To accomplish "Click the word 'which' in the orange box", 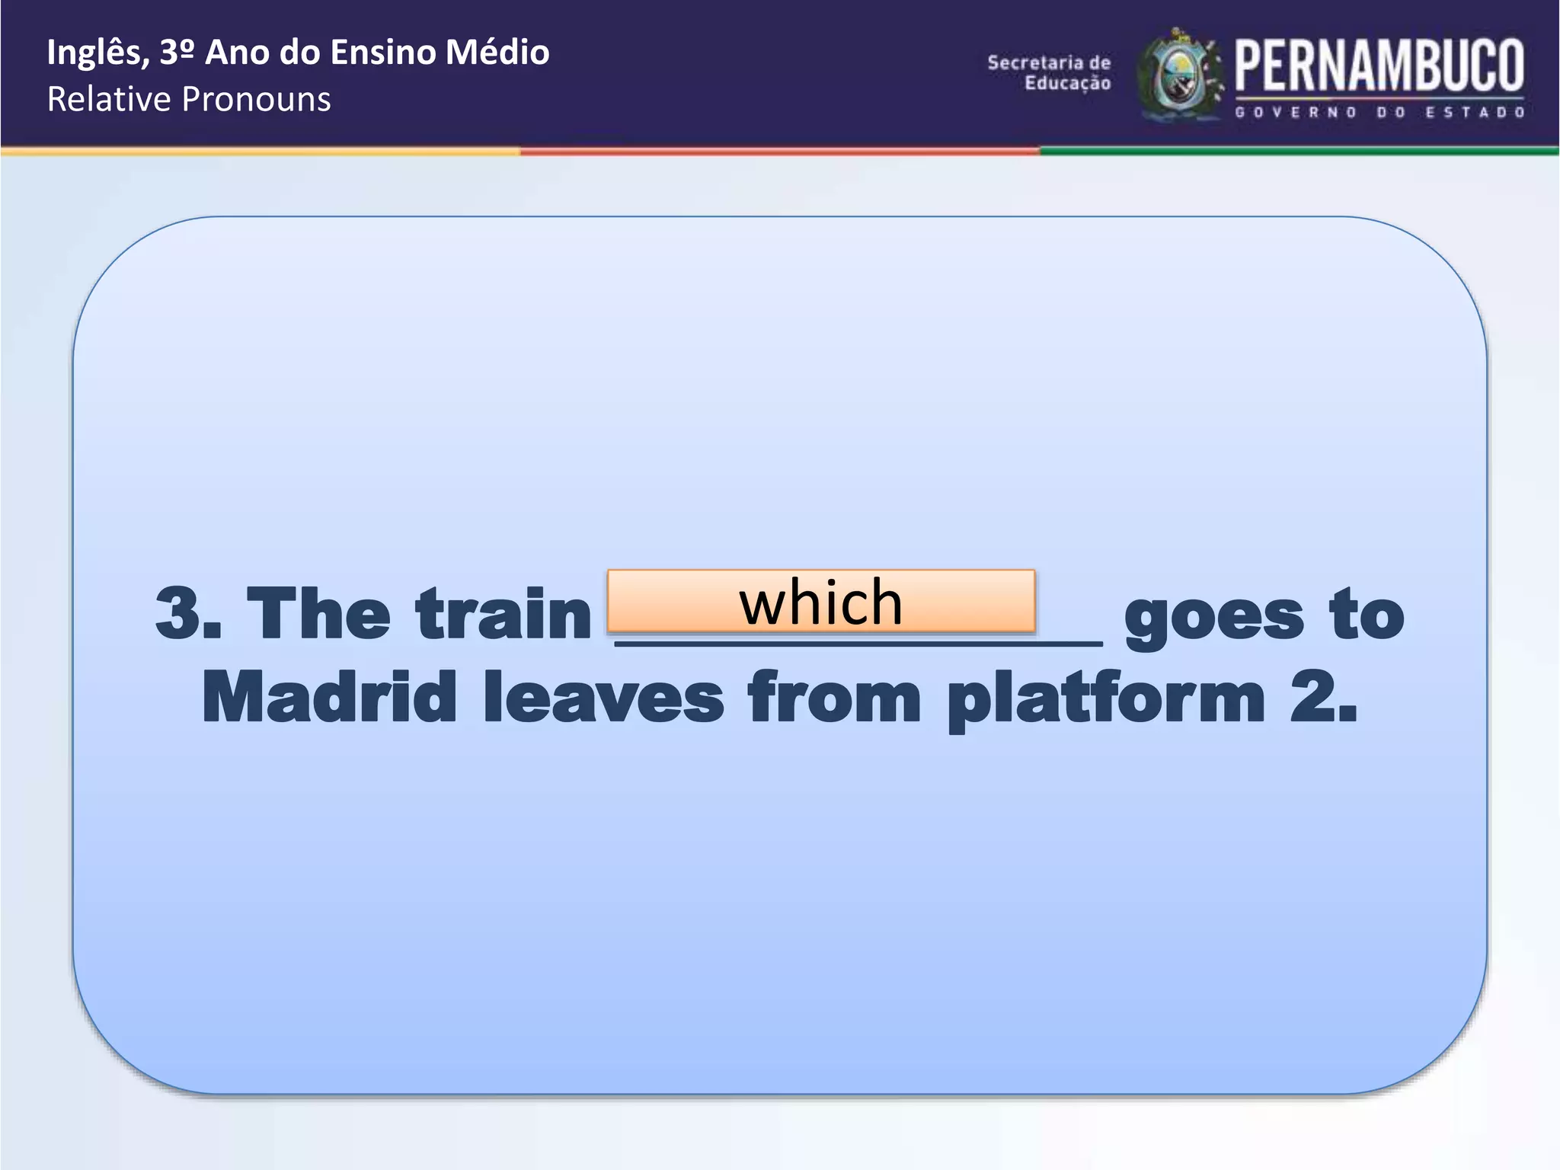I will click(821, 602).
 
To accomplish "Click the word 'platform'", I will click(1106, 699).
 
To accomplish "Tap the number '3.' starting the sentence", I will click(188, 614).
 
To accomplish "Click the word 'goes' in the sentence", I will click(1214, 617).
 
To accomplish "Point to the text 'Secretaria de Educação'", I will click(1050, 72).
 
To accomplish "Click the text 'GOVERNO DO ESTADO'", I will click(1379, 112).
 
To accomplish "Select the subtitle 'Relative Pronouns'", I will click(189, 99).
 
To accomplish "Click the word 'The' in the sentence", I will click(319, 614).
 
